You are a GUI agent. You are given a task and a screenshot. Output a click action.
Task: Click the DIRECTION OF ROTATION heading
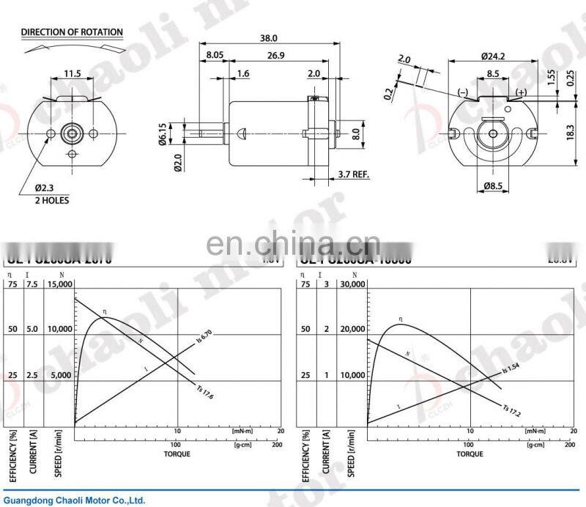[72, 32]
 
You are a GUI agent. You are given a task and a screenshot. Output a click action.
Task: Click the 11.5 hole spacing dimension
[72, 73]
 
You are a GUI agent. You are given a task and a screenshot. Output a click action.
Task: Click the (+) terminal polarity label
[521, 92]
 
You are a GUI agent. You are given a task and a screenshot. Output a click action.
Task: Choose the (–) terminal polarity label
[463, 92]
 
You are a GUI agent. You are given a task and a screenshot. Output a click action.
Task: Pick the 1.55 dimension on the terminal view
[550, 76]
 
